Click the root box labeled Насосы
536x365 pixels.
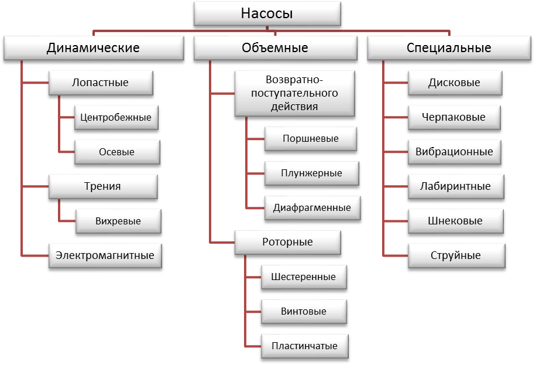[x=267, y=13]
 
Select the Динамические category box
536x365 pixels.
[x=94, y=48]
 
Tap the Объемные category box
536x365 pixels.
[x=275, y=48]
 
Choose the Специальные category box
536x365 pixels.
[x=449, y=48]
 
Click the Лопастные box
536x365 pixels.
[x=101, y=83]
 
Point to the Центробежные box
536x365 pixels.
[x=116, y=117]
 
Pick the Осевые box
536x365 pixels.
[x=117, y=152]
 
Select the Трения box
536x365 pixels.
[x=103, y=187]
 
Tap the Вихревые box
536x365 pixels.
[x=118, y=221]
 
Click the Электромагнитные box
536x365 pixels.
[x=105, y=256]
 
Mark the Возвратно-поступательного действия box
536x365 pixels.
[x=295, y=94]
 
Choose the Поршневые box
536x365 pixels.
[x=311, y=139]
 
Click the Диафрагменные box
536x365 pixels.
[x=312, y=208]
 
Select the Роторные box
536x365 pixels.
[x=288, y=243]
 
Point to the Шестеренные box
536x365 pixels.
[x=304, y=277]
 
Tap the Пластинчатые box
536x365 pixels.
[x=305, y=346]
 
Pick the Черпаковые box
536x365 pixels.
[x=454, y=117]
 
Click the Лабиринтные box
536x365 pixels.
[x=456, y=187]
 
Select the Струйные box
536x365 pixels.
[x=456, y=256]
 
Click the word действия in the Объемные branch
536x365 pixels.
[x=294, y=107]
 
